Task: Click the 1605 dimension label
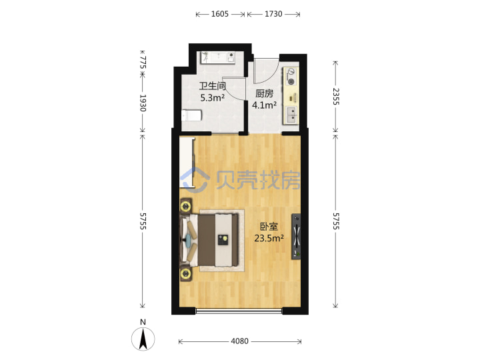pyautogui.click(x=220, y=14)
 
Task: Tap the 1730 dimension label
pyautogui.click(x=273, y=14)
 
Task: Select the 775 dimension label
pyautogui.click(x=143, y=63)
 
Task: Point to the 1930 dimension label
pyautogui.click(x=143, y=103)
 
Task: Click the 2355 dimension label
pyautogui.click(x=336, y=97)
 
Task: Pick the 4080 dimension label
pyautogui.click(x=240, y=341)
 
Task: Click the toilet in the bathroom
pyautogui.click(x=191, y=115)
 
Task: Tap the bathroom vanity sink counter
pyautogui.click(x=217, y=57)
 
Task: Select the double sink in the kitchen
pyautogui.click(x=292, y=115)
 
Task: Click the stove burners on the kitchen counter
pyautogui.click(x=291, y=77)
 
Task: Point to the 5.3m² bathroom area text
pyautogui.click(x=213, y=98)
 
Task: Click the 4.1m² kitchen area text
pyautogui.click(x=264, y=105)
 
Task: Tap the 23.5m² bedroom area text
pyautogui.click(x=269, y=238)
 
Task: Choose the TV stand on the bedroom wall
pyautogui.click(x=296, y=237)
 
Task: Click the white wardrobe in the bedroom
pyautogui.click(x=187, y=162)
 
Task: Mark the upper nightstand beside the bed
pyautogui.click(x=186, y=206)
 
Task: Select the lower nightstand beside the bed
pyautogui.click(x=186, y=273)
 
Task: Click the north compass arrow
pyautogui.click(x=143, y=339)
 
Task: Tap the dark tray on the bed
pyautogui.click(x=223, y=239)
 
